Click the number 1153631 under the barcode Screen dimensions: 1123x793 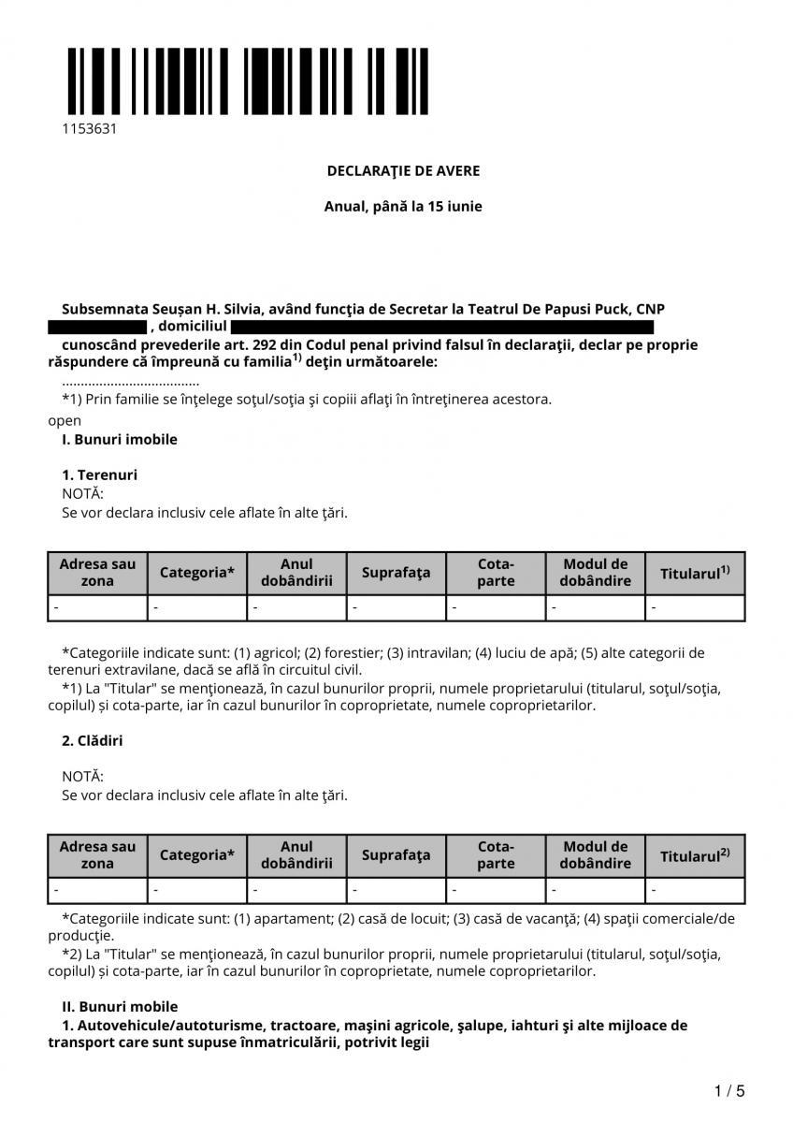click(89, 129)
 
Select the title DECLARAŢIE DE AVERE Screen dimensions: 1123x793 click(403, 170)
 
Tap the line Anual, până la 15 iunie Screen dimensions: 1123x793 click(403, 206)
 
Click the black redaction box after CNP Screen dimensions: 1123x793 click(97, 328)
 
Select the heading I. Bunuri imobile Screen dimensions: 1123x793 click(119, 439)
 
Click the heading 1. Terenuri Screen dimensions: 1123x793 click(99, 474)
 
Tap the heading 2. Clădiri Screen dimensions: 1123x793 click(92, 740)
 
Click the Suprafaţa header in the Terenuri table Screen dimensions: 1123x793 click(396, 573)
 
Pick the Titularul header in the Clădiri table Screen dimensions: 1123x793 click(694, 855)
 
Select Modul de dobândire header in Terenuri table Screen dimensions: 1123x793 click(596, 573)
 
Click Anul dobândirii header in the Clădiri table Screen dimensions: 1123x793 click(296, 855)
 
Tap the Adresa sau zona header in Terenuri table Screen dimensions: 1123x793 click(97, 573)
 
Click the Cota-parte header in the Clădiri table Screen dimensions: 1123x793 click(496, 855)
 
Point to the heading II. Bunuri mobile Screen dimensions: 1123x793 click(120, 1007)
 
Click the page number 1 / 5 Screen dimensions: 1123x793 click(729, 1091)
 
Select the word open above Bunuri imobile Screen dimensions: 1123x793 click(65, 420)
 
